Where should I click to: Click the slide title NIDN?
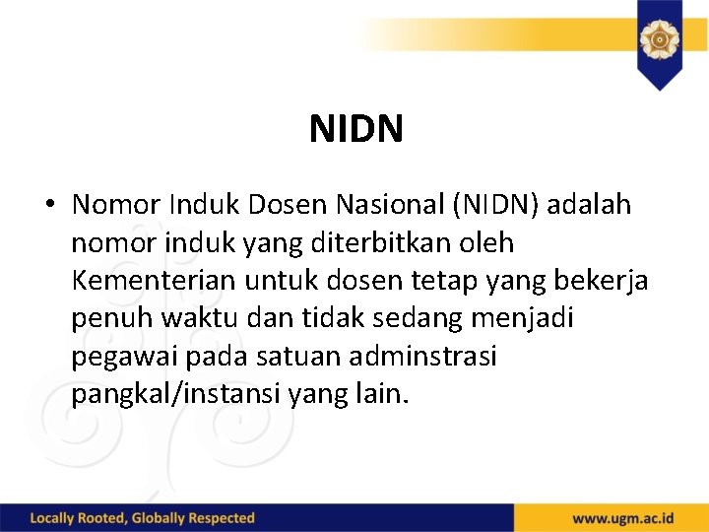pos(355,129)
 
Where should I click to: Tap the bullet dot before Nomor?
pos(48,206)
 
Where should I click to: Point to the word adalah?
pos(590,205)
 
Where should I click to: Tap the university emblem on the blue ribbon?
pos(658,39)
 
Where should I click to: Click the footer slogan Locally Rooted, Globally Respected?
pos(143,518)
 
